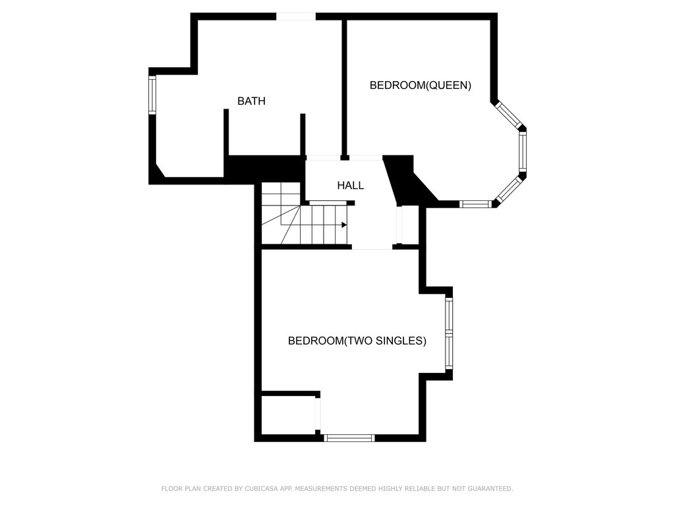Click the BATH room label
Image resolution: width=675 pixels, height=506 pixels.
[251, 101]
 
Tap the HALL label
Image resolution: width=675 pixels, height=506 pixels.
[351, 185]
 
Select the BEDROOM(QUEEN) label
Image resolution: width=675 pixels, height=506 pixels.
[420, 85]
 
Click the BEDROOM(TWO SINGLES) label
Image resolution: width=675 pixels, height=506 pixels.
[357, 341]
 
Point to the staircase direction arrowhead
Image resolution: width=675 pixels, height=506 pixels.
[344, 225]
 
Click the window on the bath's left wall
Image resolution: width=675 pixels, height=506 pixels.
[152, 95]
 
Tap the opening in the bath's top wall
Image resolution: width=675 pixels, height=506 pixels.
[296, 16]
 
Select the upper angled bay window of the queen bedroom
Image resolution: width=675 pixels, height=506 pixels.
[508, 115]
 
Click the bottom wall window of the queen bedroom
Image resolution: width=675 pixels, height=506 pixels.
[475, 204]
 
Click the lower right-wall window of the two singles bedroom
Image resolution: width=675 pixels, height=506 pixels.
[449, 352]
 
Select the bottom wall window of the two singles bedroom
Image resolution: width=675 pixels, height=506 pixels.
[349, 438]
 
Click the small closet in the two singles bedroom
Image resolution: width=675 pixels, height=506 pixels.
[289, 415]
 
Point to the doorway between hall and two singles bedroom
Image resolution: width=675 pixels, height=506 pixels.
[372, 246]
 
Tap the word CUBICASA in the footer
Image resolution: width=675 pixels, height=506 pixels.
[260, 488]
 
